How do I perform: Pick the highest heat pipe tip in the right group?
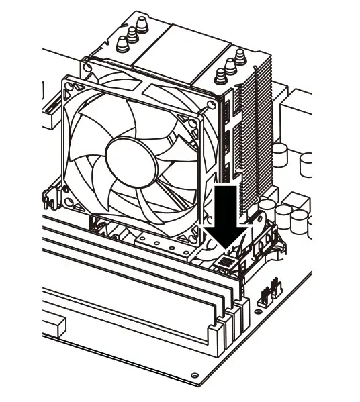click(x=240, y=54)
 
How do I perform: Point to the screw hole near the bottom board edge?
click(x=195, y=374)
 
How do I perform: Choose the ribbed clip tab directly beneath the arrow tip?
click(x=226, y=262)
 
